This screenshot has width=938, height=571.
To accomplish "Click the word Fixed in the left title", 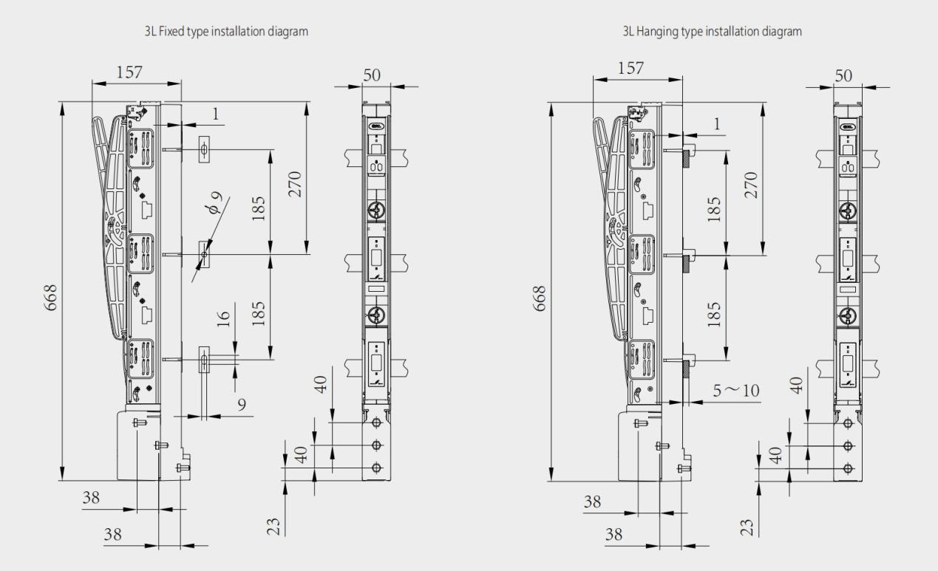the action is (x=171, y=32).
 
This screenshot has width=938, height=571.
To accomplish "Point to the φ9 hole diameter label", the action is (x=216, y=202).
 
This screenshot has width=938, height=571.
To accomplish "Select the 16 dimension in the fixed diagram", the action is (x=224, y=318).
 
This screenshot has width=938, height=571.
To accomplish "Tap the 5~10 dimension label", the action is (x=735, y=391).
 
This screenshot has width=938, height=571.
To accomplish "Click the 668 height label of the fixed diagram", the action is (x=51, y=298).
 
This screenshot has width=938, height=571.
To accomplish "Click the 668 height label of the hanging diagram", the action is (x=540, y=298).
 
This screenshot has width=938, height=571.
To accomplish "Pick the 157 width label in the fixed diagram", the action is (x=129, y=72).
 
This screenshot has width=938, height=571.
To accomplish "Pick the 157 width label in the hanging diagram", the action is (x=631, y=68).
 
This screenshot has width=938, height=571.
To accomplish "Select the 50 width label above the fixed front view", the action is (x=372, y=75).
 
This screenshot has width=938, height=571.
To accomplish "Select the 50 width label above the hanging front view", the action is (x=843, y=76).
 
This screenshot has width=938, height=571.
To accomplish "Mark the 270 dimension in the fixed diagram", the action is (x=295, y=184).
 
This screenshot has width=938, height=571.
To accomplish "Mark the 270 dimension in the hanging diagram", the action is (x=751, y=185).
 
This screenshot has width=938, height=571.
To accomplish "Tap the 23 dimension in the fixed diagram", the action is (x=273, y=527).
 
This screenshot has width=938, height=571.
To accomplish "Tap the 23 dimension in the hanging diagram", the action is (x=747, y=527).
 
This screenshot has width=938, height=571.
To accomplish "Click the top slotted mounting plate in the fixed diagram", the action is (x=204, y=149).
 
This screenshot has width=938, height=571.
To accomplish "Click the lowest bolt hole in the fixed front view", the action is (x=376, y=467).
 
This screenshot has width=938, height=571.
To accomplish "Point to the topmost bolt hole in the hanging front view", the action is (x=848, y=423).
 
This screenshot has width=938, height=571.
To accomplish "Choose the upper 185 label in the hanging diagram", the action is (x=714, y=209).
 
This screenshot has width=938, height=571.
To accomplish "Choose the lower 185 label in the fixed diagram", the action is (x=259, y=313).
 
